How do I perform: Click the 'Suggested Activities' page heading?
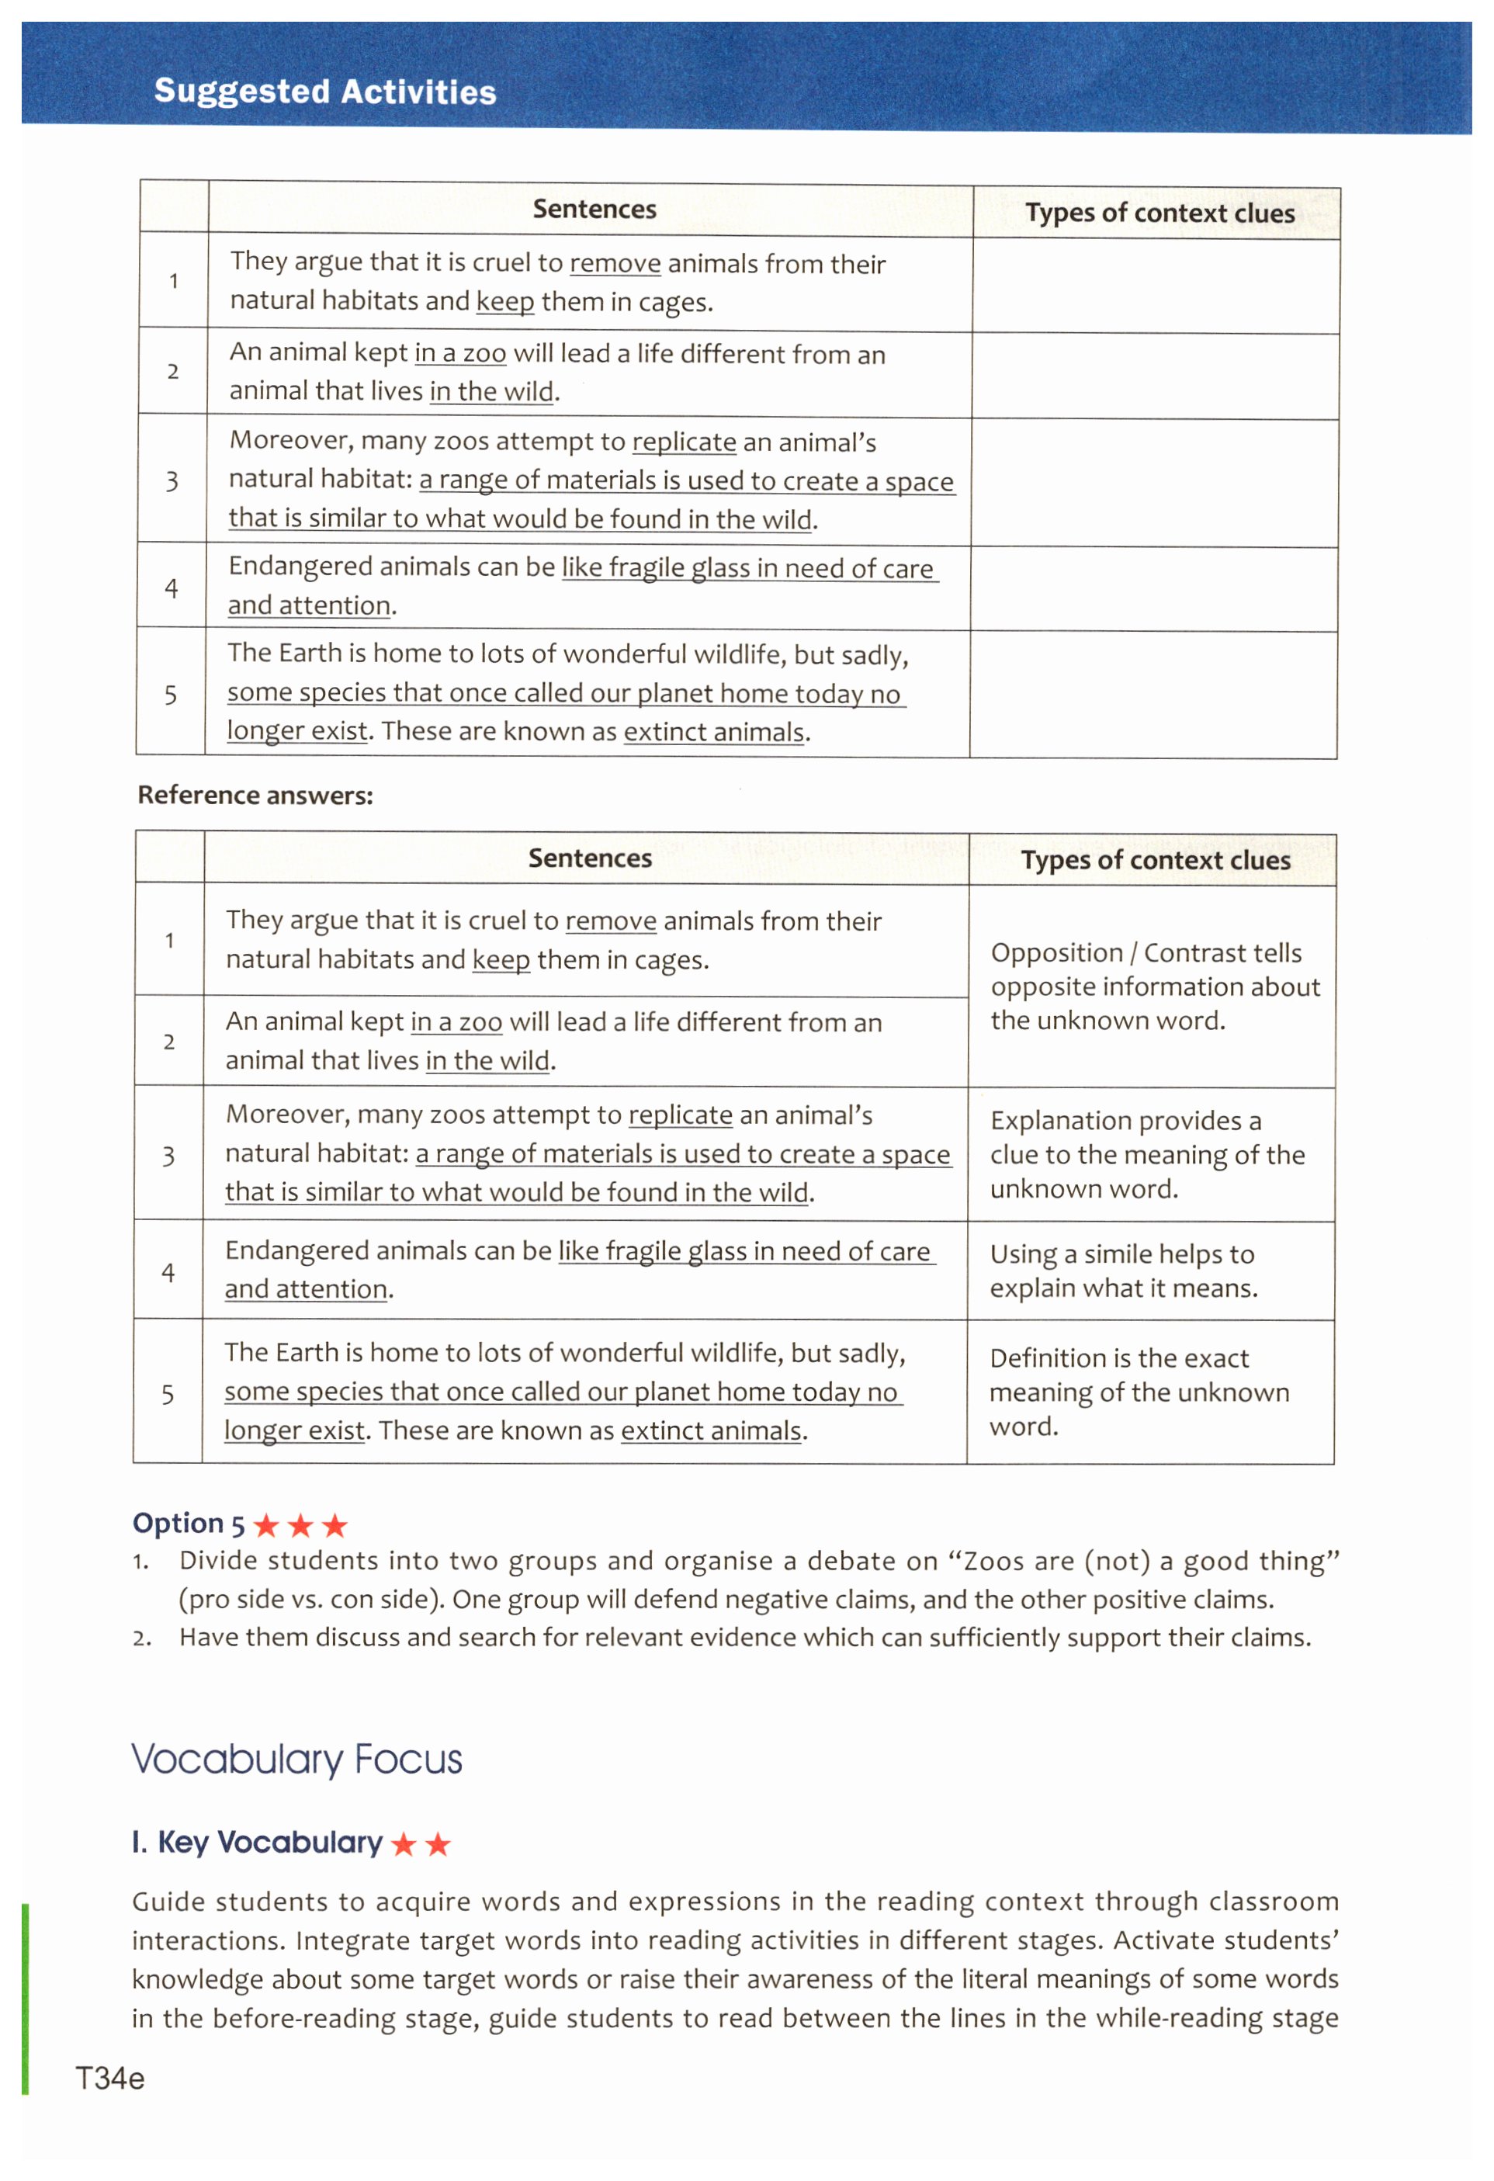324,91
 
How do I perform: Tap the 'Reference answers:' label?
255,795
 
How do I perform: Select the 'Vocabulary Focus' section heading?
296,1760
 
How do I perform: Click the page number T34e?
109,2079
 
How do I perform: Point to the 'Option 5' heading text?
189,1523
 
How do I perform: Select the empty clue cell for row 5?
1153,695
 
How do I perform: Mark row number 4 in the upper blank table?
171,588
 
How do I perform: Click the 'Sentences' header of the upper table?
594,210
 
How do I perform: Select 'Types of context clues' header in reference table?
1155,861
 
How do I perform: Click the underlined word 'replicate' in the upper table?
684,442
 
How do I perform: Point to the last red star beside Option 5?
334,1525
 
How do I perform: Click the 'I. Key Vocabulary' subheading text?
257,1843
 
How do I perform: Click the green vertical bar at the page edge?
26,1999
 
